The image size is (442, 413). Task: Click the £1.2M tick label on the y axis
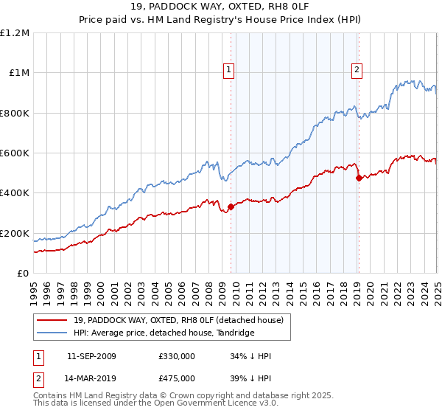[14, 33]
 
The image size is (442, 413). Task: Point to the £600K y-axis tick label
[14, 153]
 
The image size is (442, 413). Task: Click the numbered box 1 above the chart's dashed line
[229, 70]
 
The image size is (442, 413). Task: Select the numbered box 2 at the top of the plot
[357, 70]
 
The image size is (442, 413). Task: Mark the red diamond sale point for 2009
[231, 206]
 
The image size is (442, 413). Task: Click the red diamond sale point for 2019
[358, 178]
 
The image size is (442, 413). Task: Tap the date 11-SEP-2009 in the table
[91, 356]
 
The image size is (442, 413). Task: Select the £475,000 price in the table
[176, 378]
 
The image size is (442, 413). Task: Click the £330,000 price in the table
[176, 356]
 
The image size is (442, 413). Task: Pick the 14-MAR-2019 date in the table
[91, 378]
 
